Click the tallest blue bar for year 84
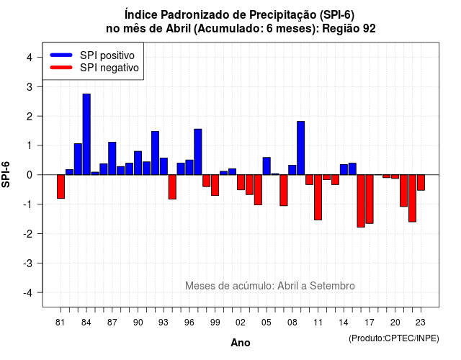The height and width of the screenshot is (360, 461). click(x=86, y=135)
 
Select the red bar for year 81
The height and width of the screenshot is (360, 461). click(x=61, y=186)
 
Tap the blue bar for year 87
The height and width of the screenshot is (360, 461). click(x=112, y=158)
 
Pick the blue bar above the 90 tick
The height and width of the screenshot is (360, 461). click(x=138, y=163)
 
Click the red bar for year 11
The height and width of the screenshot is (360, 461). click(x=318, y=197)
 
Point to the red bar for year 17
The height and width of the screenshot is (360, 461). click(x=370, y=199)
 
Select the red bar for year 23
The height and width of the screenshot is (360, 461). click(x=421, y=182)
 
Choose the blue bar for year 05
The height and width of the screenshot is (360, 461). click(x=267, y=166)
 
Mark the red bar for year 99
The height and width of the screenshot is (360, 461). click(x=215, y=185)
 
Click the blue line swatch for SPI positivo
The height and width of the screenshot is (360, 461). click(x=61, y=55)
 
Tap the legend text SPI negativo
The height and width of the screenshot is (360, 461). click(x=109, y=68)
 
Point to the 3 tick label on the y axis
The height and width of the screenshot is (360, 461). click(x=29, y=87)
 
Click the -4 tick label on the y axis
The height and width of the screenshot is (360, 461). click(x=27, y=293)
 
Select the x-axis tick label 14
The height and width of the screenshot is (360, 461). click(x=344, y=323)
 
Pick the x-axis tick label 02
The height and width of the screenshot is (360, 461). click(x=241, y=323)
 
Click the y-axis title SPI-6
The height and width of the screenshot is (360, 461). click(x=6, y=174)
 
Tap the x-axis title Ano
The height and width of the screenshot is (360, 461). click(x=241, y=343)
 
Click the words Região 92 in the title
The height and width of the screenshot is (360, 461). click(x=349, y=29)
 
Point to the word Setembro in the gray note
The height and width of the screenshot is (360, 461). click(x=332, y=286)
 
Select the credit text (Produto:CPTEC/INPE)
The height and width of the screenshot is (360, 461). click(x=394, y=338)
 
